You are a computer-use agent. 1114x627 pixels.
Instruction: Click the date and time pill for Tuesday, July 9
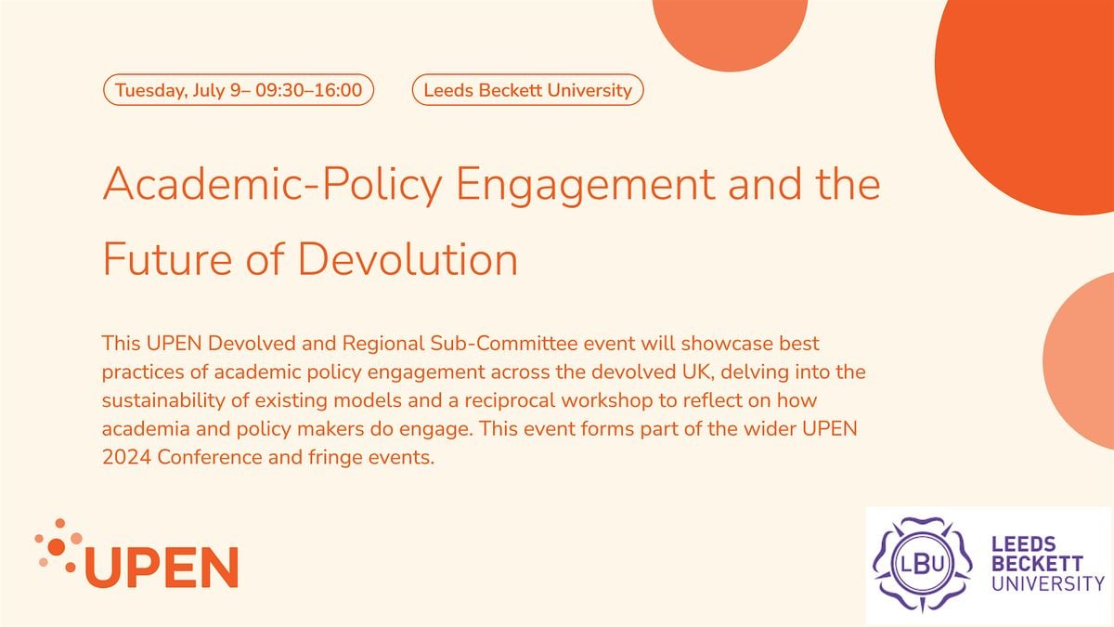pos(238,90)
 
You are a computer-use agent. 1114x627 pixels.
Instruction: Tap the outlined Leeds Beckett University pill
pos(527,90)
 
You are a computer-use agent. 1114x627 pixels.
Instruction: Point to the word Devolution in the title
pos(408,259)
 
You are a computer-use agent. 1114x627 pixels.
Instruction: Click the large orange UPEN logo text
pos(162,567)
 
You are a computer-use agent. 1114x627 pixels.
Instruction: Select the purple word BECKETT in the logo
pos(1036,564)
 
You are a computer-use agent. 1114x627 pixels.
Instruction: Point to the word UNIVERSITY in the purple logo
pos(1048,583)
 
